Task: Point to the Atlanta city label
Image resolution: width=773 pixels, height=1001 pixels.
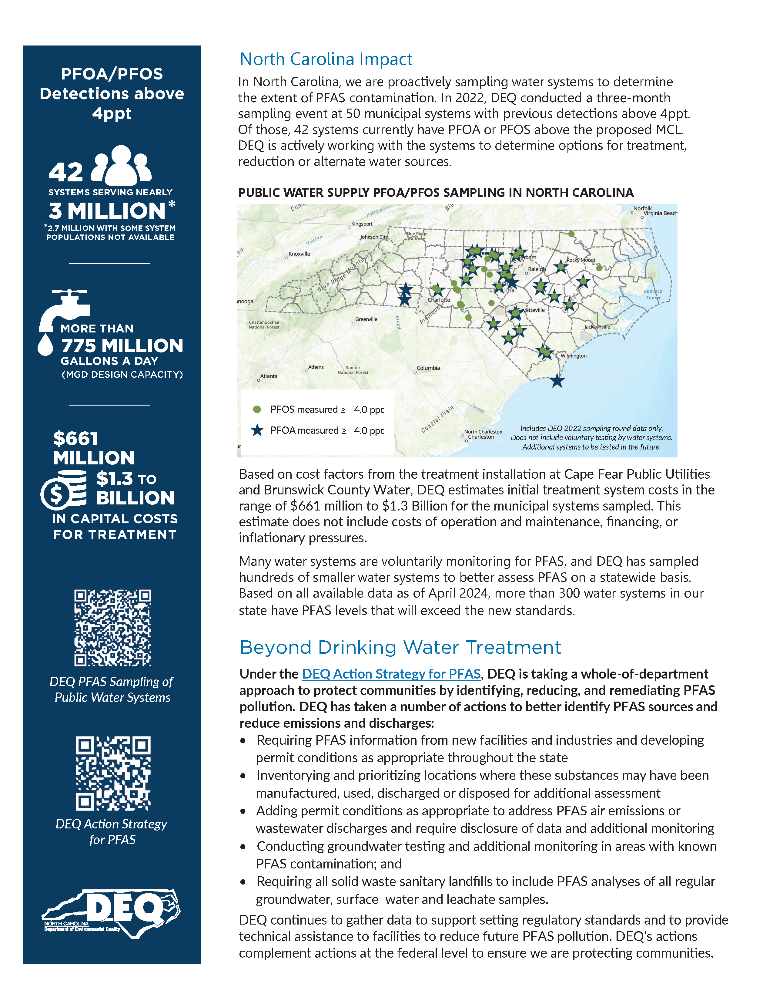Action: tap(269, 376)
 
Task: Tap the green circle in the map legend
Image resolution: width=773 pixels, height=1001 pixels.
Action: tap(257, 409)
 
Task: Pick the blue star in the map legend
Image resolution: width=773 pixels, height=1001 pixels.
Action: tap(257, 430)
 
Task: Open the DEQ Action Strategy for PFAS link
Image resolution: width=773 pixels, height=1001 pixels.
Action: tap(391, 674)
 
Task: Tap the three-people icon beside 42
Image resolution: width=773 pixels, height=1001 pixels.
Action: tap(121, 165)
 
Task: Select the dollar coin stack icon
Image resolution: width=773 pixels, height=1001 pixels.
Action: tap(64, 490)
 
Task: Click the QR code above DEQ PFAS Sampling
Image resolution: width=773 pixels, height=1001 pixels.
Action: tap(113, 628)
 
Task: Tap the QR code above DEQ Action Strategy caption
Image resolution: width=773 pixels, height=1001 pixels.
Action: tap(113, 773)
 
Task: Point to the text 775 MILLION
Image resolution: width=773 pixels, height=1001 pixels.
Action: tap(122, 345)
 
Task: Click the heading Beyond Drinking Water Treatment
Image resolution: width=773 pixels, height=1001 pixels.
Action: tap(400, 648)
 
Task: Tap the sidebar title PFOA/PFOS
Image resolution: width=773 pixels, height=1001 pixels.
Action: tap(112, 74)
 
